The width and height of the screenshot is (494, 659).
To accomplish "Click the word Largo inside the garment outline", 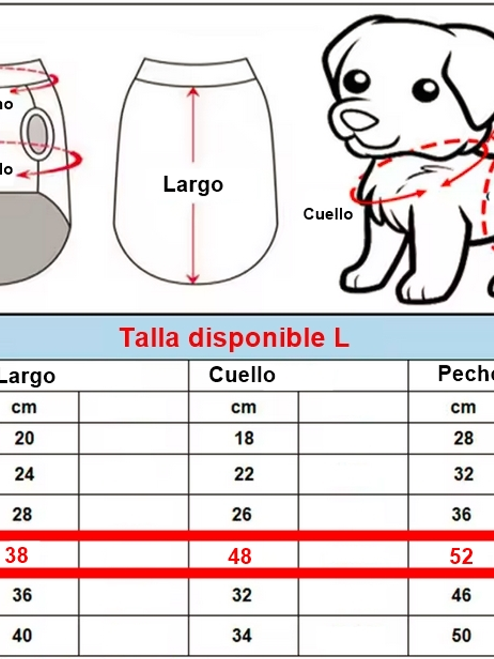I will [193, 184].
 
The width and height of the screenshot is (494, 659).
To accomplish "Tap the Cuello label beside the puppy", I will [328, 214].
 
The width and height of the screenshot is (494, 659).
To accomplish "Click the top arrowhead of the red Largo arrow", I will [193, 91].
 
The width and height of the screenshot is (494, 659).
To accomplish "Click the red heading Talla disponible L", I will [234, 338].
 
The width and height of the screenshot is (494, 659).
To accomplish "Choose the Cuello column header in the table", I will [242, 375].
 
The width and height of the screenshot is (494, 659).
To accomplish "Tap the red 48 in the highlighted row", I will [240, 556].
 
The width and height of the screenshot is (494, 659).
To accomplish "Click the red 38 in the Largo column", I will [16, 555].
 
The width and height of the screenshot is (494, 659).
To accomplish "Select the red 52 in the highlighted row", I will [461, 556].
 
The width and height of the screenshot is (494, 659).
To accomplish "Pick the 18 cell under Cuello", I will [244, 438].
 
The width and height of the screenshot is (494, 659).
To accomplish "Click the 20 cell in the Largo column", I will [24, 438].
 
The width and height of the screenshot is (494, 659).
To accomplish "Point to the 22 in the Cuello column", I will [244, 474].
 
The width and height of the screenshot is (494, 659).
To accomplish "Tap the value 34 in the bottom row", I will [242, 636].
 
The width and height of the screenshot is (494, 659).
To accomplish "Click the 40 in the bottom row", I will [22, 636].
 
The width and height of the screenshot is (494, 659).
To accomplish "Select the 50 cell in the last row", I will [461, 636].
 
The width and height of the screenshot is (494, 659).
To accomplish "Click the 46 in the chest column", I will [461, 595].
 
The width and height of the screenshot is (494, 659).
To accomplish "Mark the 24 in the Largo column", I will [24, 474].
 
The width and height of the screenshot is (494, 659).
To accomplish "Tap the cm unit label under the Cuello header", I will [244, 407].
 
